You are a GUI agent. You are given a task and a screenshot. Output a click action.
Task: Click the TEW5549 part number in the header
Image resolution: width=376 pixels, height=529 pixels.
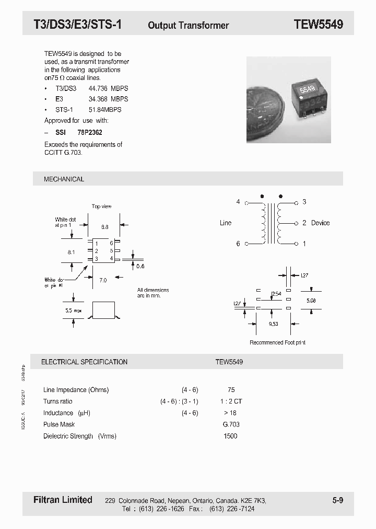pos(318,25)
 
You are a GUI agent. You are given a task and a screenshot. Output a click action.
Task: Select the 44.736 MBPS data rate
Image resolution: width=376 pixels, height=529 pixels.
pos(109,89)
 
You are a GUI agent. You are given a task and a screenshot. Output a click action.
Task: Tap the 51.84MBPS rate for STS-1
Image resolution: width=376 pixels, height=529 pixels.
pos(105,110)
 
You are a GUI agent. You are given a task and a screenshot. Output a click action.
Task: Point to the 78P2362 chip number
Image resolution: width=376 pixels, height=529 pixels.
pos(90,133)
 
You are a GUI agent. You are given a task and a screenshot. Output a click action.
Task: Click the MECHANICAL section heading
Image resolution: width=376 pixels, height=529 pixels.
pos(64,179)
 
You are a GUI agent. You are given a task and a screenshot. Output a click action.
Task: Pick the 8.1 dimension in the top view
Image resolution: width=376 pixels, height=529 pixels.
pos(72,251)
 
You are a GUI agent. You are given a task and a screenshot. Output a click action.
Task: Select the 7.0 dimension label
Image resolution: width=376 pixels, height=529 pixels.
pos(102,281)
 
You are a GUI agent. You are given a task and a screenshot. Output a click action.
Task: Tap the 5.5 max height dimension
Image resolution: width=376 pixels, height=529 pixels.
pos(74,310)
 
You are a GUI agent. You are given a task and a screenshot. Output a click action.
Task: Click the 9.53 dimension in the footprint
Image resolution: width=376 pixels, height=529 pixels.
pos(273,324)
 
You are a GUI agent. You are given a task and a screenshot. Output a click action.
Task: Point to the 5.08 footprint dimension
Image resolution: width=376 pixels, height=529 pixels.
pos(311,301)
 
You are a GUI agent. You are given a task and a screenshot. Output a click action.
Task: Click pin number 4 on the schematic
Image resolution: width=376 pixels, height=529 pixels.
pos(238,202)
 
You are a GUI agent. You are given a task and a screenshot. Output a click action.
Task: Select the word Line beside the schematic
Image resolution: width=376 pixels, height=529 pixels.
pos(226,223)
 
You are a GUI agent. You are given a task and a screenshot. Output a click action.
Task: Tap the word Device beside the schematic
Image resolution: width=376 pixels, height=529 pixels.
pos(320,223)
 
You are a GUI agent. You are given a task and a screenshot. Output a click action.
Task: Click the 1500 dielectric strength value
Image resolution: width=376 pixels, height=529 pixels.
pos(230,436)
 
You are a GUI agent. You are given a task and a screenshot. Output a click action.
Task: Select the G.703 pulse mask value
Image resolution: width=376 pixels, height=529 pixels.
pos(230,424)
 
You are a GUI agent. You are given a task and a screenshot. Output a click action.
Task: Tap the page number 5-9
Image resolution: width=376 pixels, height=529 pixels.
pos(338,500)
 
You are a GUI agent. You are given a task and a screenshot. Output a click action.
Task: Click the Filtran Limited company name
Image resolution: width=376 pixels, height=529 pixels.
pos(59,500)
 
